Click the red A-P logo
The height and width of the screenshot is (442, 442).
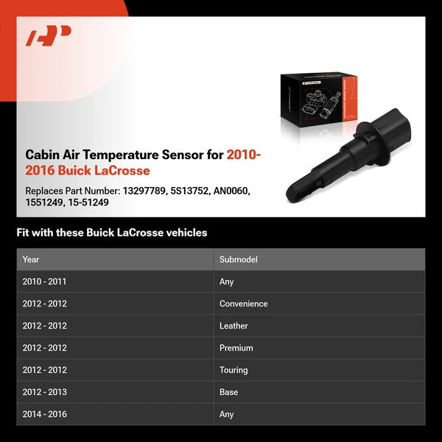tap(49, 35)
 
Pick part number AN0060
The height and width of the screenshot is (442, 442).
tap(232, 191)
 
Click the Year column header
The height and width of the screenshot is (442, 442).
tap(31, 259)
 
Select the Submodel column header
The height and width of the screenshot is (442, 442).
tap(239, 259)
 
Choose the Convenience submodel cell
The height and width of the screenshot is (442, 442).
tap(243, 304)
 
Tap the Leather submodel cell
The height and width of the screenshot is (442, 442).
tap(234, 326)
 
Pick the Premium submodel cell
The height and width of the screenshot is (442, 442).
tap(236, 348)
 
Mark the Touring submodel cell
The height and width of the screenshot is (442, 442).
tap(234, 370)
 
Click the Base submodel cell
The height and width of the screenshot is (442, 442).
tap(228, 392)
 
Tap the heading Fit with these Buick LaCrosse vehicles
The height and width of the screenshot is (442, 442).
tap(112, 233)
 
